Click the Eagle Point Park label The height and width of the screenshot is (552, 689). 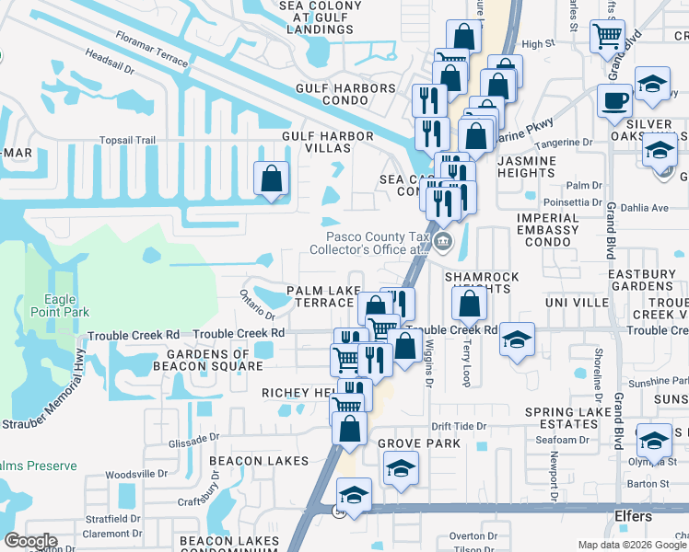click(x=65, y=305)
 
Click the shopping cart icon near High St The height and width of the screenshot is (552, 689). click(x=607, y=37)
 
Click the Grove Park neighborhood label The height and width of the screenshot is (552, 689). click(x=406, y=443)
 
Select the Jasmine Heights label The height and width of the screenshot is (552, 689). click(x=527, y=167)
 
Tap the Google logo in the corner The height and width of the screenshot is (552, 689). click(x=30, y=541)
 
